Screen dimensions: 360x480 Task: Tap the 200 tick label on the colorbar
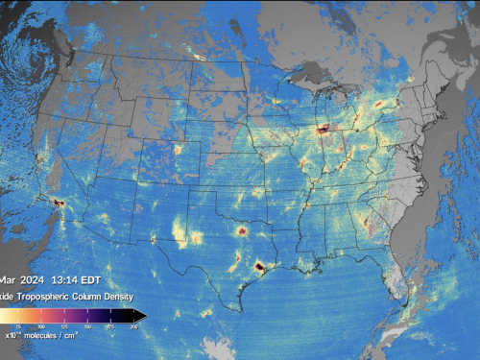(x=132, y=327)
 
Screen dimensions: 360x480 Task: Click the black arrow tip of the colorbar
(x=140, y=315)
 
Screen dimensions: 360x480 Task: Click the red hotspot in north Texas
(x=241, y=230)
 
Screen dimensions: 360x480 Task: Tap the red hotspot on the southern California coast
(x=59, y=204)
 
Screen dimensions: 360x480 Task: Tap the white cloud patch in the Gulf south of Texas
(x=220, y=346)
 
